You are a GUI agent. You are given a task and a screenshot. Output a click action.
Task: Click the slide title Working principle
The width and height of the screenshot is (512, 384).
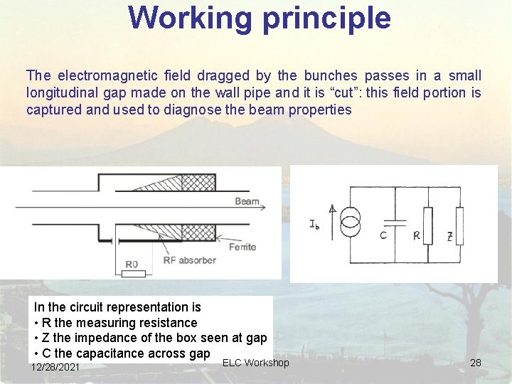point(260,18)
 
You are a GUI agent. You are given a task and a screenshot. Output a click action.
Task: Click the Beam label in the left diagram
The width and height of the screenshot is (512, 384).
point(247,202)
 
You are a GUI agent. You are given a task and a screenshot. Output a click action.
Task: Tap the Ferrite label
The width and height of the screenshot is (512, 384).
point(242,247)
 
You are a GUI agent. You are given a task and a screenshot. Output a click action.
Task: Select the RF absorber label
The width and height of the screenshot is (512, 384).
point(189,260)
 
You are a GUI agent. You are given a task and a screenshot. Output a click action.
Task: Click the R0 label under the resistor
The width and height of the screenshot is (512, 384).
point(132,265)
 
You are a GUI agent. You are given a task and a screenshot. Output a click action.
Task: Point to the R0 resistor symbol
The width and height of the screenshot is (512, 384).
point(132,273)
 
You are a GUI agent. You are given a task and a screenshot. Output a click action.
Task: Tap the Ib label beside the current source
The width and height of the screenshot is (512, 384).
point(315,225)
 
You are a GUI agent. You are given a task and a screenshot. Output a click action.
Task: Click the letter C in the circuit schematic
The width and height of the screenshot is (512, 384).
point(383,235)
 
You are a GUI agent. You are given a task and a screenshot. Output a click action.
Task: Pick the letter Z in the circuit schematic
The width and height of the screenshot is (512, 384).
point(449,236)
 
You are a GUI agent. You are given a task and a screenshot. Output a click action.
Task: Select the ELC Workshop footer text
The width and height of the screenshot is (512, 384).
point(255,363)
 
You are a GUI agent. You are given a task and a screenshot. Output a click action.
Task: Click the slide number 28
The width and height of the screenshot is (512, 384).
point(476,363)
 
